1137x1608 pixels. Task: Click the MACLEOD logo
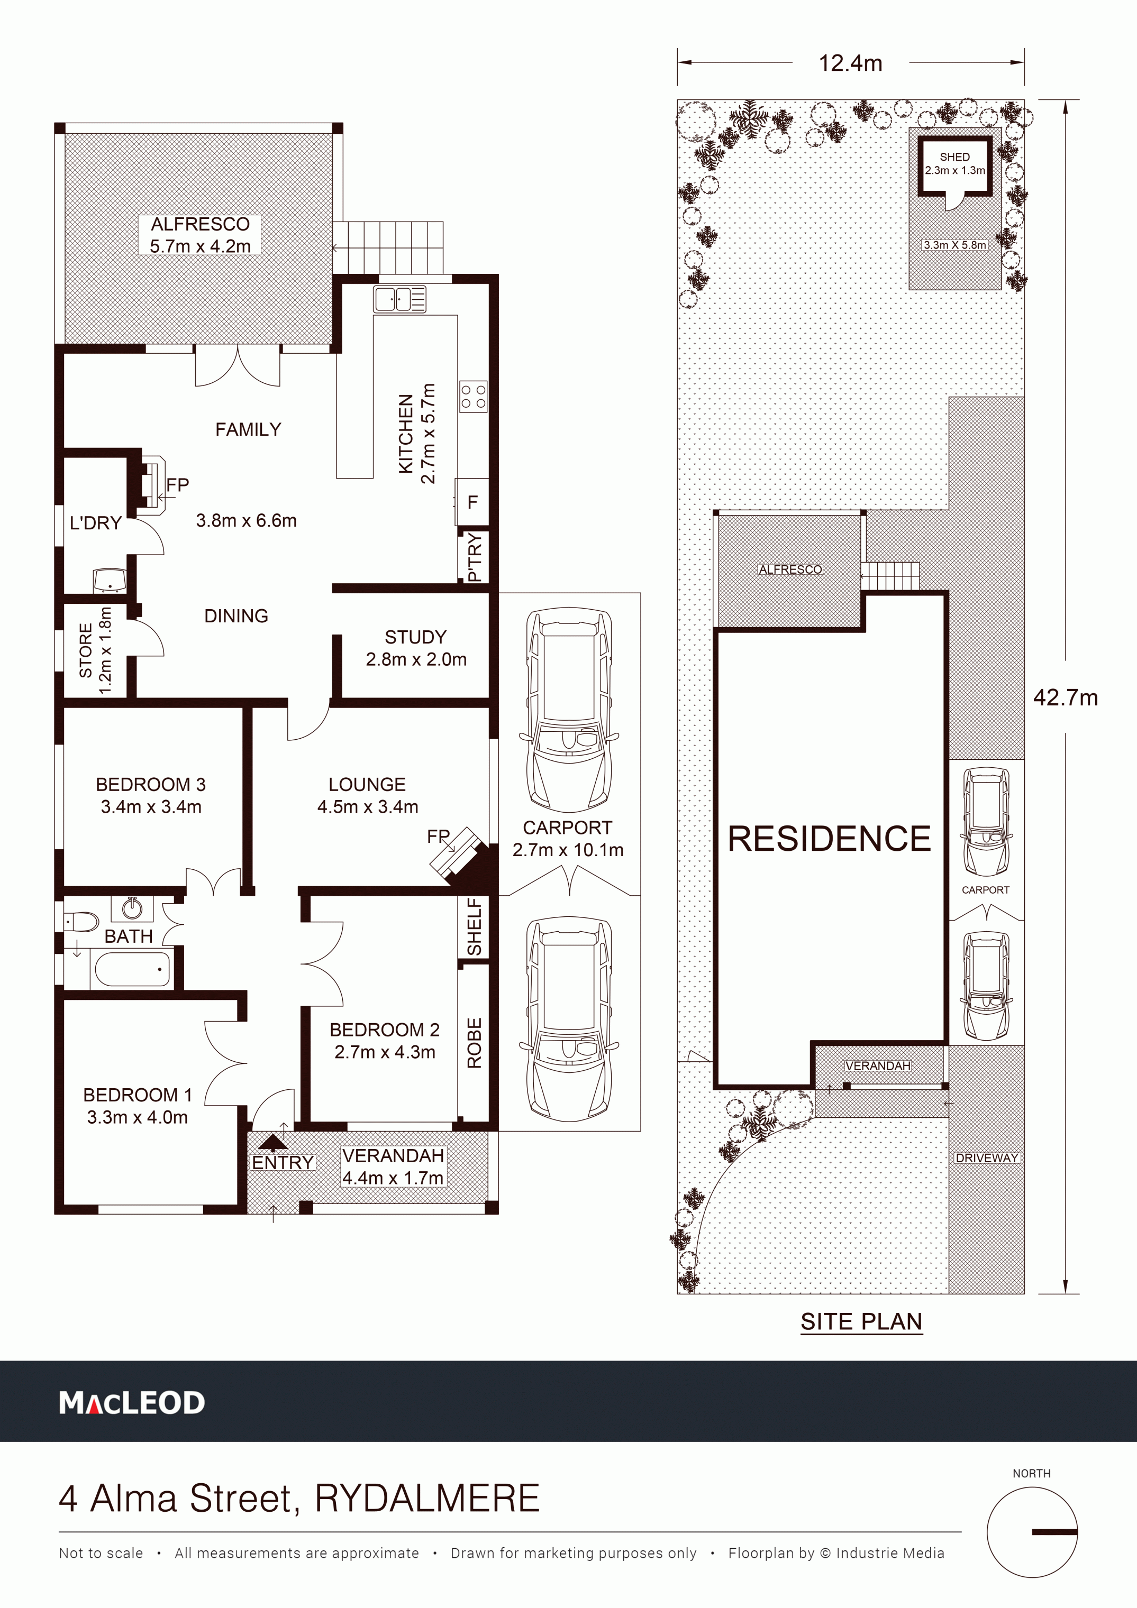(132, 1403)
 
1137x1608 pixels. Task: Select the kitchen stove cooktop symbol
(473, 397)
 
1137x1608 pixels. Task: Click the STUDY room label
(415, 637)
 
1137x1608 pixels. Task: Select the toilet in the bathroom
(81, 921)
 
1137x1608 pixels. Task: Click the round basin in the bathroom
(132, 908)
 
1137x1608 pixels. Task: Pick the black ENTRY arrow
(272, 1143)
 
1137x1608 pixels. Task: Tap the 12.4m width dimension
(850, 63)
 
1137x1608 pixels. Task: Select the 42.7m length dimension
(1066, 697)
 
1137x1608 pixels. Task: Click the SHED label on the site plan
(955, 157)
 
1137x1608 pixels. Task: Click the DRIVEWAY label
(986, 1157)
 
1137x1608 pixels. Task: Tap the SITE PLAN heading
(862, 1321)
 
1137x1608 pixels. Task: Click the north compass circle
(1032, 1532)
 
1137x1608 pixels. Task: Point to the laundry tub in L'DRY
(110, 580)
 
